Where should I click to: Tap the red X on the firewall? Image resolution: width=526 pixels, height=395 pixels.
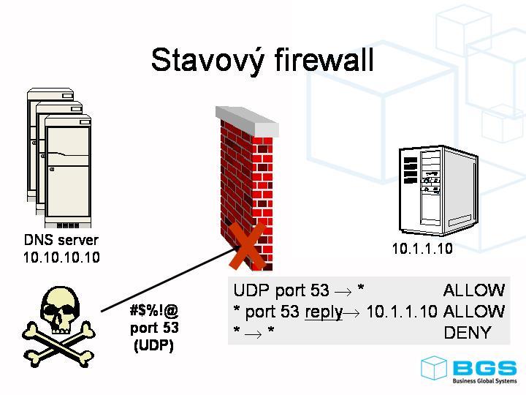247,247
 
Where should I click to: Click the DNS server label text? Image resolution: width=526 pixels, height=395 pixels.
61,240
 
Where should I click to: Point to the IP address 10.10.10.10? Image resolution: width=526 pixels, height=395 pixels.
61,257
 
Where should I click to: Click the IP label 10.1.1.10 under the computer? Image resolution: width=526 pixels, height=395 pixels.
422,249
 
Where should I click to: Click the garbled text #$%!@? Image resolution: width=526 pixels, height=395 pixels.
154,311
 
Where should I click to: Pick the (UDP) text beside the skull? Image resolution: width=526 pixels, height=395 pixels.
154,345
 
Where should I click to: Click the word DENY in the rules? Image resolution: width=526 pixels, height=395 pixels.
467,333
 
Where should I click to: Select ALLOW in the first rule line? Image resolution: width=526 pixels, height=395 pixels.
473,290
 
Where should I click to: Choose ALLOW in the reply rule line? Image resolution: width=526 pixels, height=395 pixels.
473,312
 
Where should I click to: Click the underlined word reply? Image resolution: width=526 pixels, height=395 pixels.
323,312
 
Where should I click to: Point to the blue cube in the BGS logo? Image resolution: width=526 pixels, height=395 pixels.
434,368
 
